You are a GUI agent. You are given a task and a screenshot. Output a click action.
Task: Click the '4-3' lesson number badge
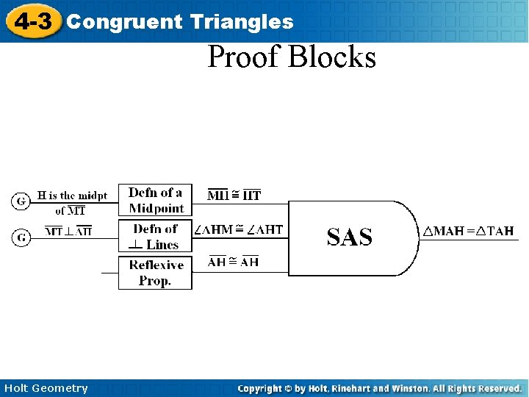[33, 21]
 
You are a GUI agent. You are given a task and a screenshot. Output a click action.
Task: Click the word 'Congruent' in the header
[124, 22]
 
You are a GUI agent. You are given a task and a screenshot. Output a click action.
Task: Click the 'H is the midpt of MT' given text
[71, 202]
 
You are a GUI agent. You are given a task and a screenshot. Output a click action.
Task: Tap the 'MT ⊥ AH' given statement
[68, 232]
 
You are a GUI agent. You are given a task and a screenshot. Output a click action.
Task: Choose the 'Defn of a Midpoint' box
[155, 200]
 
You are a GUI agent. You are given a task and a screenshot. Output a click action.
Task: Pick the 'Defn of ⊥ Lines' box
[155, 237]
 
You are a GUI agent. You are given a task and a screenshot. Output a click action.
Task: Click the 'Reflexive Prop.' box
[155, 273]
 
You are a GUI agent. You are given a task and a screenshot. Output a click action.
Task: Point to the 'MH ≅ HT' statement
[234, 195]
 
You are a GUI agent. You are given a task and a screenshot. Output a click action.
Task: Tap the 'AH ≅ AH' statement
[234, 262]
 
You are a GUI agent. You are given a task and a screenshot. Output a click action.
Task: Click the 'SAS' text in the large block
[349, 237]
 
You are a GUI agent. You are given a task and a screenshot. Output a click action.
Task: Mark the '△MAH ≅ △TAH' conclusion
[467, 232]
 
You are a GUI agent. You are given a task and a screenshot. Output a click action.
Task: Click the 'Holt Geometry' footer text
[46, 388]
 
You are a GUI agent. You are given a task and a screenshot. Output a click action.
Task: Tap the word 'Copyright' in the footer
[261, 388]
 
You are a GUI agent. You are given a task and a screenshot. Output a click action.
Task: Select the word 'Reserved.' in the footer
[497, 388]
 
